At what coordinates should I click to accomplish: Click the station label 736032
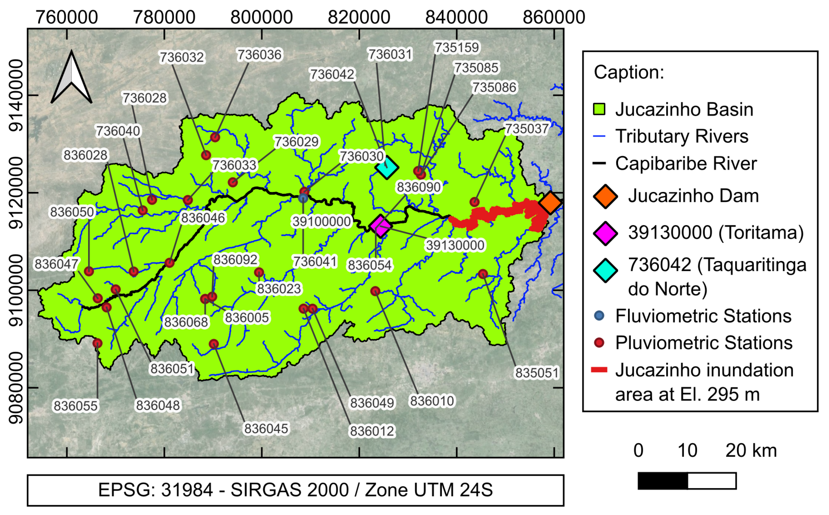point(182,57)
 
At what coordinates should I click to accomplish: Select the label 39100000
point(322,222)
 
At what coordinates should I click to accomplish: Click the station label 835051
point(537,373)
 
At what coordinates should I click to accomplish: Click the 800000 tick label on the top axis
point(262,17)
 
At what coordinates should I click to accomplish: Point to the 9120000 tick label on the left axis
point(16,193)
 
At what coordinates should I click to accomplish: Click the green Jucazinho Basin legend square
point(599,109)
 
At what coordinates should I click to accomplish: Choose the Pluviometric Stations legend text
point(704,343)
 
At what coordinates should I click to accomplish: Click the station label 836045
point(266,429)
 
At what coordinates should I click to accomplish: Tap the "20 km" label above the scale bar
point(751,451)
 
